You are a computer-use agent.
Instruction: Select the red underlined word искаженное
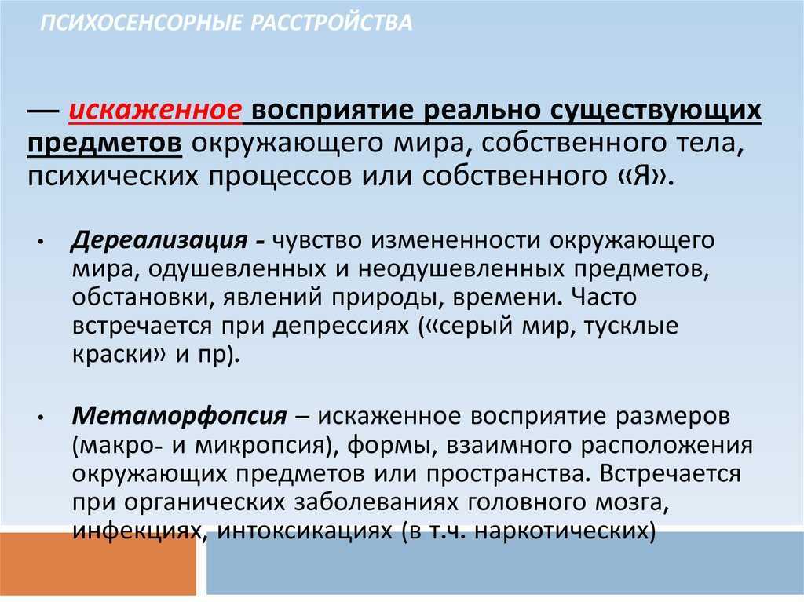[x=155, y=110]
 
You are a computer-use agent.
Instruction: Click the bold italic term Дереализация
[x=159, y=240]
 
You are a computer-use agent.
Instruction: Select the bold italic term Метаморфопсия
[x=180, y=416]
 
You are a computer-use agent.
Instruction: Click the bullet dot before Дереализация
[x=41, y=242]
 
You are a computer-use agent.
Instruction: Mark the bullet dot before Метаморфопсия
[x=41, y=418]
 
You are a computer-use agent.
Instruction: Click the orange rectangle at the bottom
[x=98, y=563]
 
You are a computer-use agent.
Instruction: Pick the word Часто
[x=604, y=297]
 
